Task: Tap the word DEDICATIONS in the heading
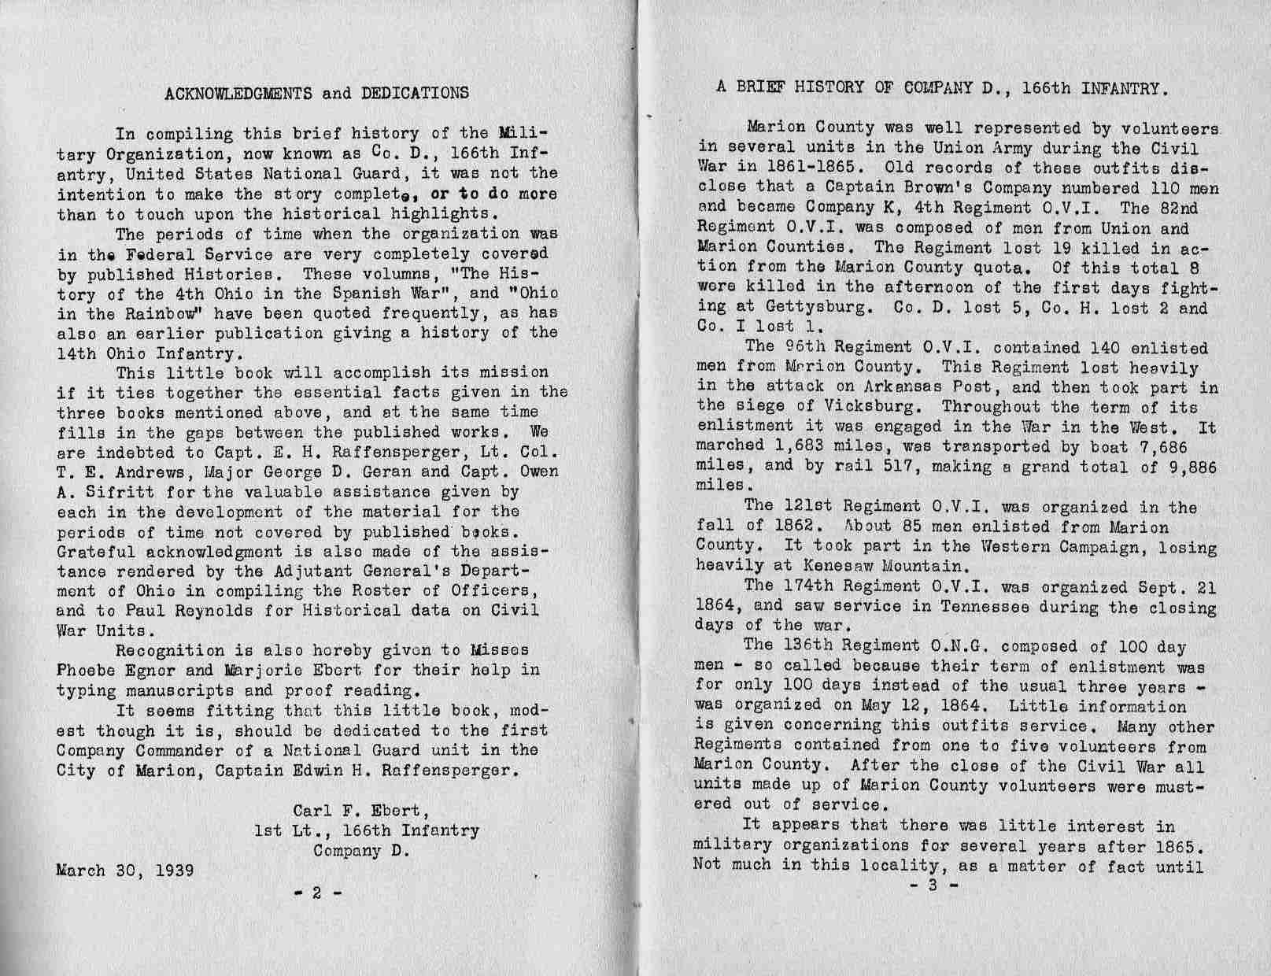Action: point(415,93)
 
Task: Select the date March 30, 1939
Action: point(125,871)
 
